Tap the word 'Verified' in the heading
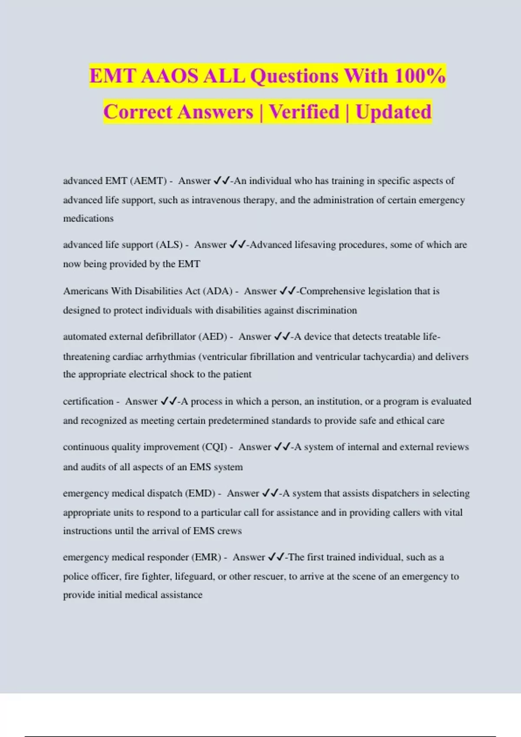click(304, 112)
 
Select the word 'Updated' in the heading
click(393, 112)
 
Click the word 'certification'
click(88, 401)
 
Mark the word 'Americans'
click(86, 291)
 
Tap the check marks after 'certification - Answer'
click(168, 401)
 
